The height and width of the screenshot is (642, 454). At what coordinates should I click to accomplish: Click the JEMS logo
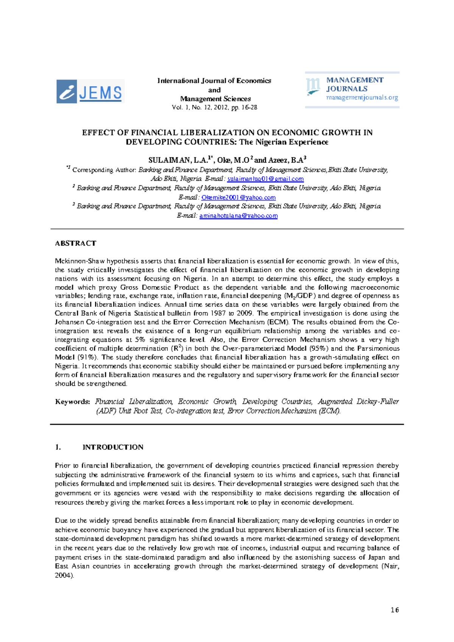tap(90, 91)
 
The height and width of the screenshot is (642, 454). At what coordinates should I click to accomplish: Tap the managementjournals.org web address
tap(362, 98)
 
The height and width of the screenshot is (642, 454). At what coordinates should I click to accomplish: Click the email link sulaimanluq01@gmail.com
tap(265, 179)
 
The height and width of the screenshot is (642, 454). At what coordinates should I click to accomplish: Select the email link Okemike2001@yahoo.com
tap(238, 197)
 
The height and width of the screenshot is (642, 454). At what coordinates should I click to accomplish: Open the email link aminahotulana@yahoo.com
tap(238, 216)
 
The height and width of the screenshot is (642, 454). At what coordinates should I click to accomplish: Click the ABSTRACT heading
tap(76, 243)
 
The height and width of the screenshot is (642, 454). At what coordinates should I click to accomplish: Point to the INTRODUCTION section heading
tap(113, 447)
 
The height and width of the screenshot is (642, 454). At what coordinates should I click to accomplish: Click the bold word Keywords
tap(72, 401)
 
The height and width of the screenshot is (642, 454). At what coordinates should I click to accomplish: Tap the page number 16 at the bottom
tap(395, 610)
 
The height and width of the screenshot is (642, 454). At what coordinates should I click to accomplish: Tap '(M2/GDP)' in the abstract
tap(300, 296)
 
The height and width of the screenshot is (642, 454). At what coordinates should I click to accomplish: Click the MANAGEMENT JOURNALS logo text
tap(354, 84)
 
